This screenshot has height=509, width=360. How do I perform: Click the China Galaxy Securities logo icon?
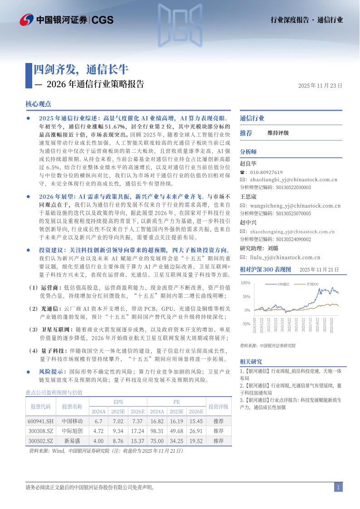tap(26, 19)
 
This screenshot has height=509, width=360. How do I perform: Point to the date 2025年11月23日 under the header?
tap(320, 85)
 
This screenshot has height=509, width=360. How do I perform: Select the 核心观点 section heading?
tap(39, 104)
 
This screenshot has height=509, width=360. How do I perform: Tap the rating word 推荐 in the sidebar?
tap(246, 133)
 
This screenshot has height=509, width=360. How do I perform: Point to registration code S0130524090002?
tap(293, 239)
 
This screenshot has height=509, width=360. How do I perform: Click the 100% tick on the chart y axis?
tap(245, 283)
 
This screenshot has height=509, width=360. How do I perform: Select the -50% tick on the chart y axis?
tap(245, 324)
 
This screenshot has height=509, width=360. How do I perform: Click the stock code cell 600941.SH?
tap(41, 422)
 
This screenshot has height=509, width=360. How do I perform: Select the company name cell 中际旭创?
tap(72, 431)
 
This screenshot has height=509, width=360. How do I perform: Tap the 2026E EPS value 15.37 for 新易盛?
tap(137, 441)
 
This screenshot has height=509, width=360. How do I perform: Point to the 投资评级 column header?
tap(218, 407)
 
